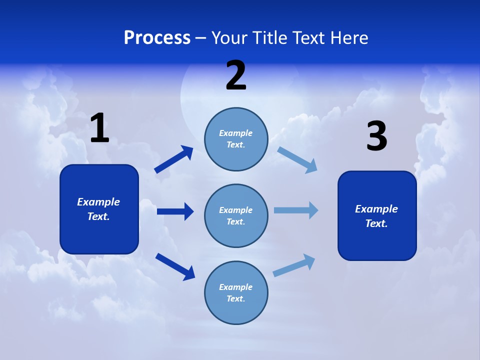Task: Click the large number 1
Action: click(x=99, y=128)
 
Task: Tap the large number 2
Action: click(x=236, y=75)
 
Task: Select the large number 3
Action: click(x=376, y=136)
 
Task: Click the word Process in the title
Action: click(x=157, y=37)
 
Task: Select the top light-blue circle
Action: click(x=236, y=139)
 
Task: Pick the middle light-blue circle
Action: click(x=236, y=215)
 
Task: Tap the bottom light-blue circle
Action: click(x=236, y=292)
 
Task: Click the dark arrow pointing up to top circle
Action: click(x=174, y=159)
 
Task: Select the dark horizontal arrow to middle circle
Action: click(x=175, y=211)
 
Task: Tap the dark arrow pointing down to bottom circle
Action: click(x=175, y=266)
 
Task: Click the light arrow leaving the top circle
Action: click(x=297, y=159)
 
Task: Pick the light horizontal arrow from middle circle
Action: click(x=295, y=210)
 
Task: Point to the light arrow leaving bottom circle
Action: click(x=294, y=265)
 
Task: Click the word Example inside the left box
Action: click(x=98, y=202)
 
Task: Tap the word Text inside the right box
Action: click(x=376, y=223)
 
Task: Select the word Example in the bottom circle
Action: click(x=235, y=287)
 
